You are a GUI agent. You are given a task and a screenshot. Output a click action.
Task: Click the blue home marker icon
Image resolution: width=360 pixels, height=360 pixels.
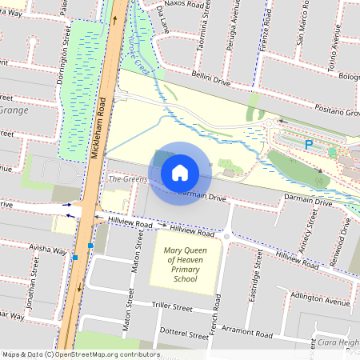[180, 173]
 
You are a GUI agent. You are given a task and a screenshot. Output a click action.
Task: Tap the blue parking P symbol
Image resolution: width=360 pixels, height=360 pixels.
[308, 145]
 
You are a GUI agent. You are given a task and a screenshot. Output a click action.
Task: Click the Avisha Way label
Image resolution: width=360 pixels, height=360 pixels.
[48, 250]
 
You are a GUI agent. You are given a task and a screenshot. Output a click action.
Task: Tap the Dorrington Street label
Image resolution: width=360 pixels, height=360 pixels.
[64, 46]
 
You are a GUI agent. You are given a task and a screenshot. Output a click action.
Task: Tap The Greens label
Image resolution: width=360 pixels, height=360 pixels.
[128, 179]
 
